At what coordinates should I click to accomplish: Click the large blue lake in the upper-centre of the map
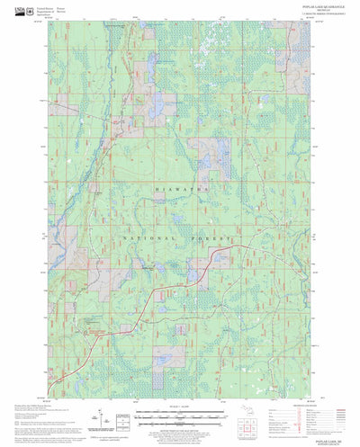(x=154, y=111)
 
